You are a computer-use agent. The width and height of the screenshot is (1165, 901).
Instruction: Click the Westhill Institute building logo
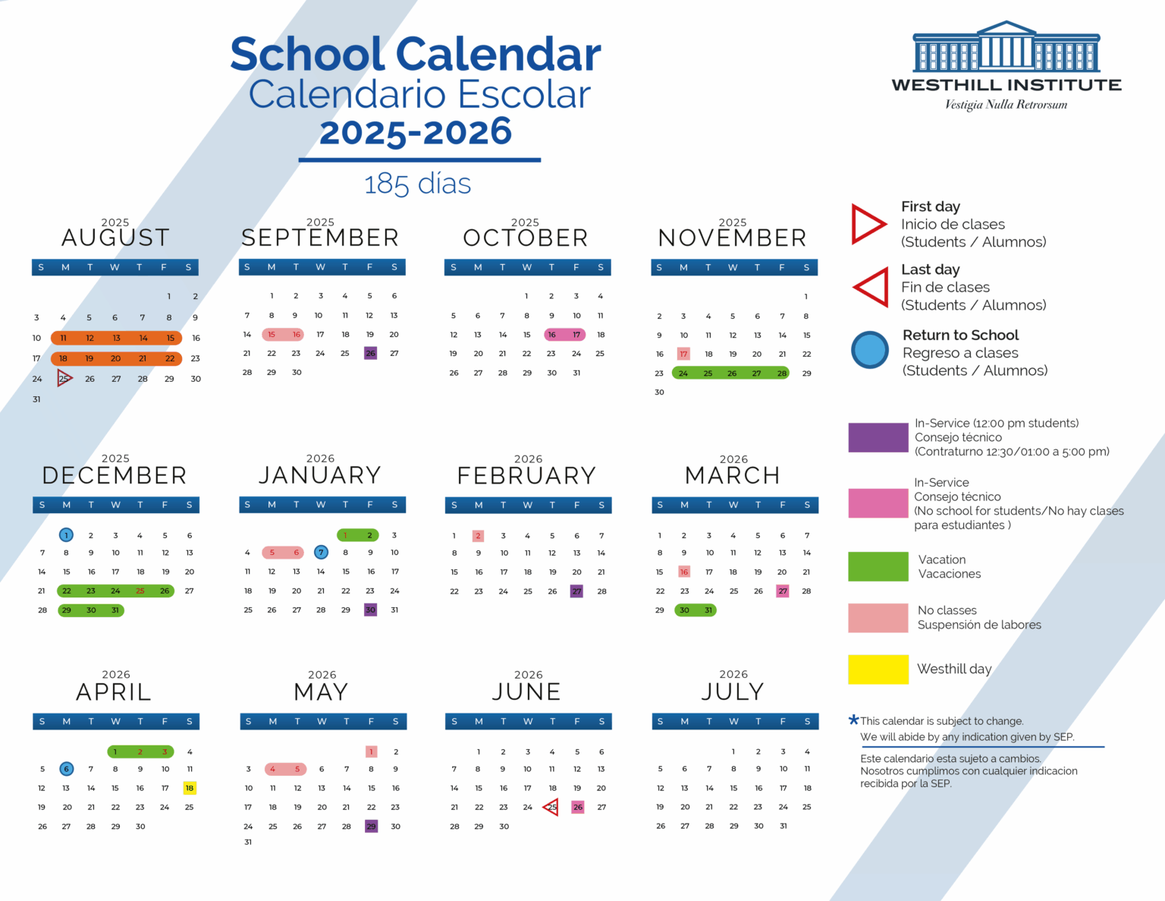[1006, 48]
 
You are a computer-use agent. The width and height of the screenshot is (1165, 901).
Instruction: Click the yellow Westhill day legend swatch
[878, 669]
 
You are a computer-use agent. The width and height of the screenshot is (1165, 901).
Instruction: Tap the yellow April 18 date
[190, 788]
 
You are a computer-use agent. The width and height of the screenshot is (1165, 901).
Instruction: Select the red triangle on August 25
[64, 378]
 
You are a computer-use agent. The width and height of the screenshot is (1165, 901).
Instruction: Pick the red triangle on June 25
[551, 807]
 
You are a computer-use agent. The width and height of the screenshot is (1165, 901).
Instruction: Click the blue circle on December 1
[67, 535]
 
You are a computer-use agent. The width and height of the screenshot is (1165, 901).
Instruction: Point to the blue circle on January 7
[321, 553]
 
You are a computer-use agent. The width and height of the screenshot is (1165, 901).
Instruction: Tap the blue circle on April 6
[67, 769]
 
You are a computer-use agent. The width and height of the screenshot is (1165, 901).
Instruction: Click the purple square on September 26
[370, 354]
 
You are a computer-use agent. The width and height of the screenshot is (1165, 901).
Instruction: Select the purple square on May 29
[371, 827]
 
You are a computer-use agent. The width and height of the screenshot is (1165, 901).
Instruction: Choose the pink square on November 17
[683, 354]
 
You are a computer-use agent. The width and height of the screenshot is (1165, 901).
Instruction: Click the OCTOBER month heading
[526, 238]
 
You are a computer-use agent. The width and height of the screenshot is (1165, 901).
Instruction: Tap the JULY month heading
[733, 692]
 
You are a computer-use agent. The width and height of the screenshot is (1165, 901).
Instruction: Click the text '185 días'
[417, 184]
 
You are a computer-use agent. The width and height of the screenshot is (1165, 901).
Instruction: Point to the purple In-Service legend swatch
[878, 438]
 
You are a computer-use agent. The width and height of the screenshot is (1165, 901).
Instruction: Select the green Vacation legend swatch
[878, 567]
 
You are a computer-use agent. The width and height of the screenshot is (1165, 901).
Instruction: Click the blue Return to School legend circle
[869, 351]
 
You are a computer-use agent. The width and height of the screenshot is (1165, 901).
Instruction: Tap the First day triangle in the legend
[868, 224]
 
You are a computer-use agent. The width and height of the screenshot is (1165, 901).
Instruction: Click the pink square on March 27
[783, 591]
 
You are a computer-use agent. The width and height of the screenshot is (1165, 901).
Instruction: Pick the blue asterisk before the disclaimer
[853, 720]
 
